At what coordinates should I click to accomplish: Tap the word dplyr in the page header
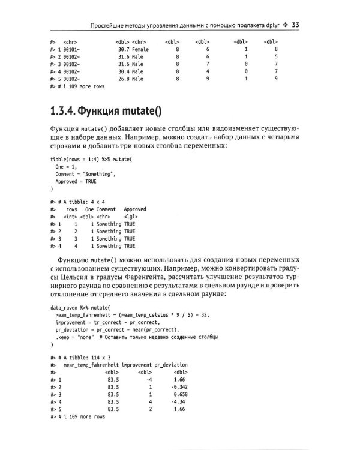click(x=274, y=26)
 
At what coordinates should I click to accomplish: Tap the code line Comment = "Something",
click(x=85, y=174)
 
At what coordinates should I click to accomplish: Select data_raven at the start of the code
click(x=64, y=307)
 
